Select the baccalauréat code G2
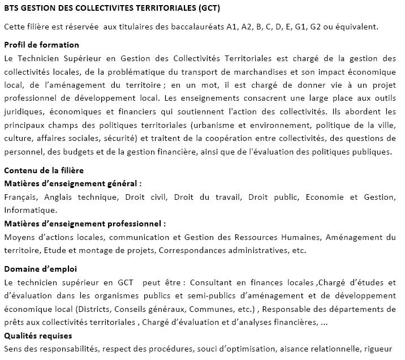click(x=322, y=27)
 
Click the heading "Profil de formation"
click(x=41, y=45)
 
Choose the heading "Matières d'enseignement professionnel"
click(x=85, y=224)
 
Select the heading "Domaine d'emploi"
click(x=40, y=268)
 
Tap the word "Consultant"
click(x=216, y=282)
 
